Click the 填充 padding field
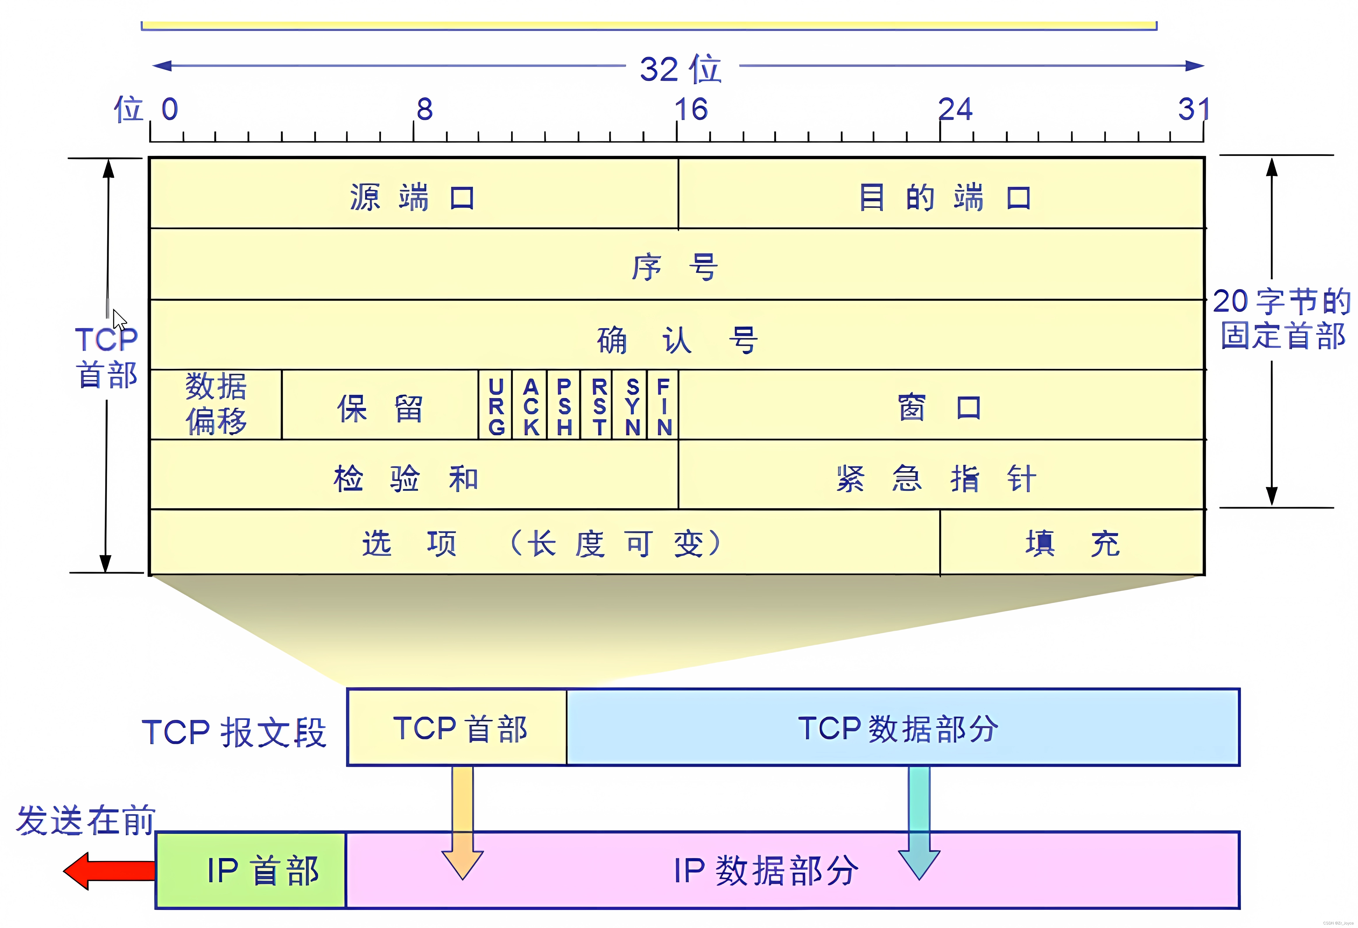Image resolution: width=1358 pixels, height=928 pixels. tap(1072, 544)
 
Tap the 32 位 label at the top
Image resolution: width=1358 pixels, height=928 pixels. tap(681, 69)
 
